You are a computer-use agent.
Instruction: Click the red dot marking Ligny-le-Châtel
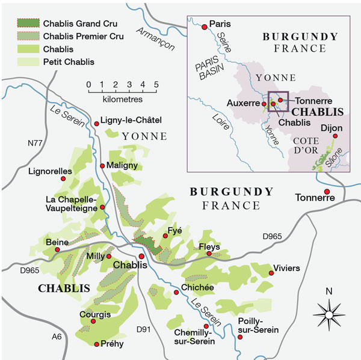[96, 124]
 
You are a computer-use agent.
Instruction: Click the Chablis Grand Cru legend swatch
[28, 24]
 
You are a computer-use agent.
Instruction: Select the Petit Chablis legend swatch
[28, 61]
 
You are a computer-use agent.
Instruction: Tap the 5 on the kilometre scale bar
[156, 84]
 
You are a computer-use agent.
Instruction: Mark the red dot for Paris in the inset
[205, 26]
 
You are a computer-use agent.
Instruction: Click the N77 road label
[38, 144]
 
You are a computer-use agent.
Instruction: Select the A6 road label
[57, 337]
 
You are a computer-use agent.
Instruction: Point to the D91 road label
[143, 329]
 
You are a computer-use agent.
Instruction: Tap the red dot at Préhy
[96, 344]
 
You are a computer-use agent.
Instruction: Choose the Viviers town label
[286, 267]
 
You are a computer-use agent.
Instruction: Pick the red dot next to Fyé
[167, 238]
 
